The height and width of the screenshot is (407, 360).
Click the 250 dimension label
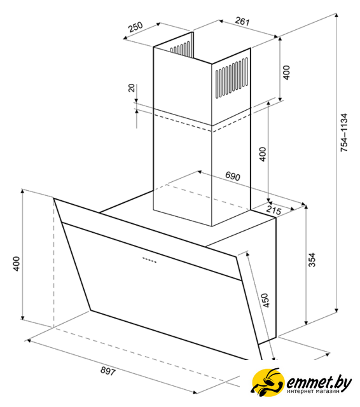coord(136,27)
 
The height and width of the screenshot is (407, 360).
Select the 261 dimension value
coord(242,21)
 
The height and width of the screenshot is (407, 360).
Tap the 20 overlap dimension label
coord(132,88)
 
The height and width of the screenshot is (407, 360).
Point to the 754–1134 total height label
coord(343,132)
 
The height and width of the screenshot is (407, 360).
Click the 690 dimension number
coord(233,176)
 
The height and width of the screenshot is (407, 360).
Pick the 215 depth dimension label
coord(274,210)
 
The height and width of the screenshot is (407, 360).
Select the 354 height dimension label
coord(312,259)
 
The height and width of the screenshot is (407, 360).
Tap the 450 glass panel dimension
coord(265,301)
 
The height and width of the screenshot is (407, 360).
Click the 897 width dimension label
coord(107,371)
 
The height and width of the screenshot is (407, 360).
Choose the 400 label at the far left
coord(16,264)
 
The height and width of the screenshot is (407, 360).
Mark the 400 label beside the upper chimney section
coord(286,72)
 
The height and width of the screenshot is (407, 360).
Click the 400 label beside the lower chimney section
coord(263,154)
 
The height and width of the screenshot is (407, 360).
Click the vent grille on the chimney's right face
coord(232,78)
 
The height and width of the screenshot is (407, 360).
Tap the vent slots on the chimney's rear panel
coord(180,48)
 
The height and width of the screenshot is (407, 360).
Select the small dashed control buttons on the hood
coord(149,260)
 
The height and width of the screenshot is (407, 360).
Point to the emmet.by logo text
coord(319,382)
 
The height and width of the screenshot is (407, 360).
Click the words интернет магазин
coord(313,392)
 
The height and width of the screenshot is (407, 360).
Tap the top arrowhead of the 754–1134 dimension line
coord(336,15)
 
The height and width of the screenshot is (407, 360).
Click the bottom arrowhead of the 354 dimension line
coord(307,322)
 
